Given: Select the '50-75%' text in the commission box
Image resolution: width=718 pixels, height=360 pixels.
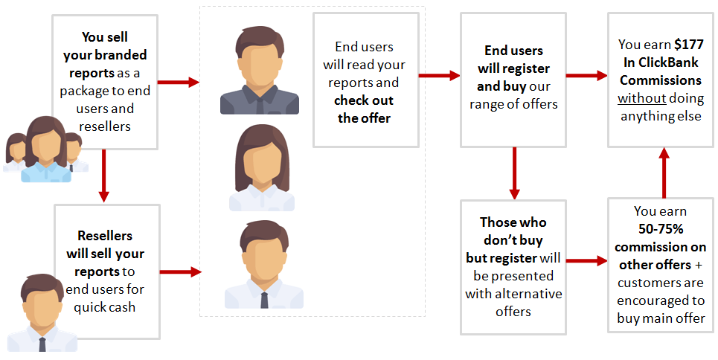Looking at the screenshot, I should click(x=660, y=229).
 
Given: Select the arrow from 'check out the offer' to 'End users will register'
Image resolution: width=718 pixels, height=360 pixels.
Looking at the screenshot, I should click(x=440, y=74).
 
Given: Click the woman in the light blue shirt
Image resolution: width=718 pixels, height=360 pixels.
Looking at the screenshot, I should click(x=46, y=152).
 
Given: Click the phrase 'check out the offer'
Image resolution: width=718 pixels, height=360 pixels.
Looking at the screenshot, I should click(x=364, y=109).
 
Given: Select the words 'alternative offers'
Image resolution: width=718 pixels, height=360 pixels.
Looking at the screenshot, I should click(x=513, y=302).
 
